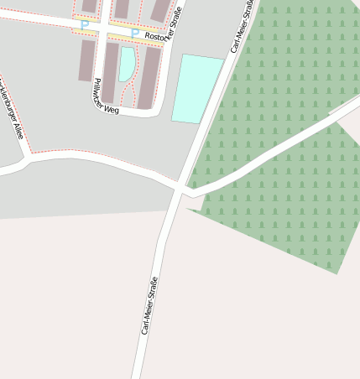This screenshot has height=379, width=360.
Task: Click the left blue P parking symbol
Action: click(x=84, y=25)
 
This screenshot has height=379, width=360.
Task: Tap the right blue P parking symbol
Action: click(x=134, y=34)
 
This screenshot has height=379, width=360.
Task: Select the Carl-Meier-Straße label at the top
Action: click(x=242, y=26)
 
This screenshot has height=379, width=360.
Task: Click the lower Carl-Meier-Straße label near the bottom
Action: click(x=149, y=306)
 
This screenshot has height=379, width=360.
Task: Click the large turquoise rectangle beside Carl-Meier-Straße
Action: click(x=198, y=89)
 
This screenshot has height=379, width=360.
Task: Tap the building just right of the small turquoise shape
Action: click(x=149, y=77)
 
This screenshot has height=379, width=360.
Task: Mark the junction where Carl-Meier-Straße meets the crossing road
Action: click(x=180, y=189)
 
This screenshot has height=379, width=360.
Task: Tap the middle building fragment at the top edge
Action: click(x=123, y=8)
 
